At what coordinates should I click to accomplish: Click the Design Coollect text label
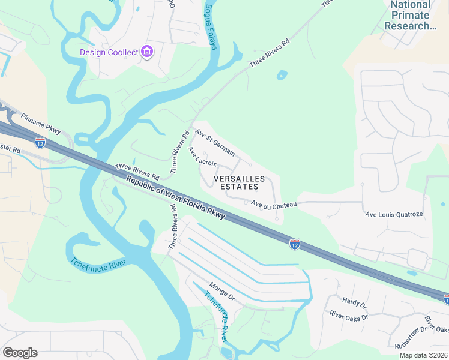click(109, 52)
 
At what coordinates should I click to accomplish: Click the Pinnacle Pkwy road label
click(41, 124)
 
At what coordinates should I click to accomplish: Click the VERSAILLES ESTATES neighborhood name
click(238, 183)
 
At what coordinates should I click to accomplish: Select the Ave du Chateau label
click(274, 205)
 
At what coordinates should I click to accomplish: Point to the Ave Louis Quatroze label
click(394, 214)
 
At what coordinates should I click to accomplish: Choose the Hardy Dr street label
click(354, 302)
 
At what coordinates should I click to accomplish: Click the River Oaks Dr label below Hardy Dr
click(348, 316)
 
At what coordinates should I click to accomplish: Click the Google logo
click(20, 353)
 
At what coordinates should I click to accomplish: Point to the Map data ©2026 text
click(423, 355)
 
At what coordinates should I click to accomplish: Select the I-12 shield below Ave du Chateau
click(294, 244)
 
